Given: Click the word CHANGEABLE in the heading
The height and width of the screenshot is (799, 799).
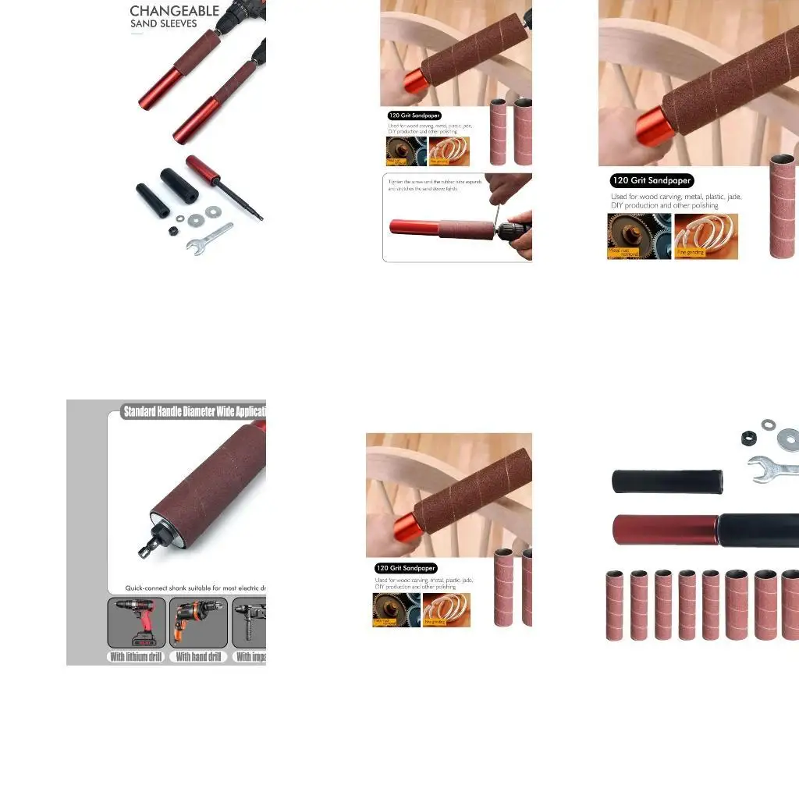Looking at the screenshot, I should click(x=174, y=11).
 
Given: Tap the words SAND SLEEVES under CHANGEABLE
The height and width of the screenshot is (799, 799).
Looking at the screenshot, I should click(x=164, y=24).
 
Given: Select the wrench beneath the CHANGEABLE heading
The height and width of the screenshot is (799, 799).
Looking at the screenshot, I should click(x=209, y=237).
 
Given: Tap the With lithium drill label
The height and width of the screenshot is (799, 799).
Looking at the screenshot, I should click(x=136, y=657).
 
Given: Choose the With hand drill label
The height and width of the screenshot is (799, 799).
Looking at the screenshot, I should click(x=198, y=657).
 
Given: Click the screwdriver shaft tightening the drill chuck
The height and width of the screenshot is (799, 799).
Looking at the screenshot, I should click(x=493, y=211).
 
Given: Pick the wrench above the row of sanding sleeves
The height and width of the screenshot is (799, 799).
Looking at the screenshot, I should click(x=772, y=467).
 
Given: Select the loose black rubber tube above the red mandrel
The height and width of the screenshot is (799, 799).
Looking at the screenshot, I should click(x=667, y=481).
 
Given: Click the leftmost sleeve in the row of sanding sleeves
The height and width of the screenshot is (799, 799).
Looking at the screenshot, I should click(x=616, y=605).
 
